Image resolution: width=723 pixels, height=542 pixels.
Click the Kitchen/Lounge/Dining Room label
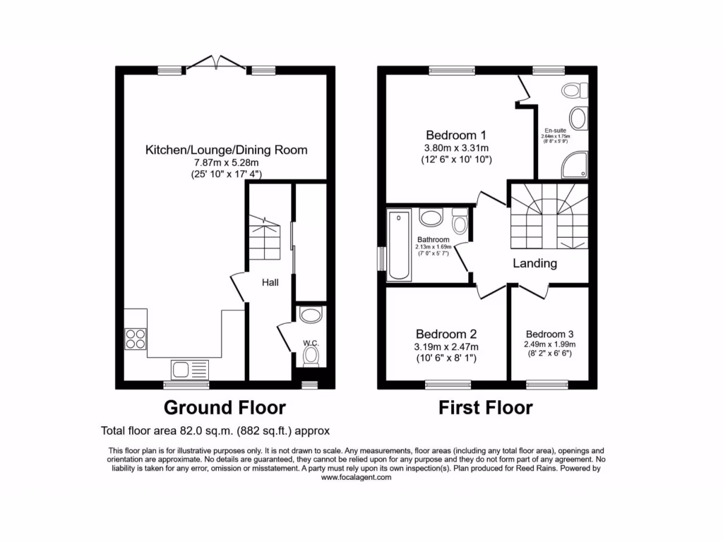pos(226,150)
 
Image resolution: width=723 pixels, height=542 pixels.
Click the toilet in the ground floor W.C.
pos(311,356)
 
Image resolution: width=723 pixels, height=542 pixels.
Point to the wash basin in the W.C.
pos(311,315)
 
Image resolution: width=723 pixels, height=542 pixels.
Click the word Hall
pos(270,282)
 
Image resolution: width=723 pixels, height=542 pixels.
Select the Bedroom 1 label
pos(456,135)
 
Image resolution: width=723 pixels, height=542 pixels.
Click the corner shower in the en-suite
pos(573,167)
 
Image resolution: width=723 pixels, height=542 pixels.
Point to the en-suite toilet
pos(575,91)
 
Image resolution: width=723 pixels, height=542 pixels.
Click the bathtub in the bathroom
pos(400,245)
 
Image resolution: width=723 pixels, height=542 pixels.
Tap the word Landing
pos(534,263)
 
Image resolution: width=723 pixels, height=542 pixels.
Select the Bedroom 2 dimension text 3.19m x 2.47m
pos(447,347)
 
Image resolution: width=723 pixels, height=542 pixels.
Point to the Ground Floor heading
pos(225,407)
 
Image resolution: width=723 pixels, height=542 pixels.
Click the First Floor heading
pos(485,407)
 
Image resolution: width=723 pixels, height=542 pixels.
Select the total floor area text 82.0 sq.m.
pos(215,430)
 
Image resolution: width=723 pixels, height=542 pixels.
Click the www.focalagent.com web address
pos(356,477)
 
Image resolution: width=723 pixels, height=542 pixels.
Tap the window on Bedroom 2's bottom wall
pos(447,385)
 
